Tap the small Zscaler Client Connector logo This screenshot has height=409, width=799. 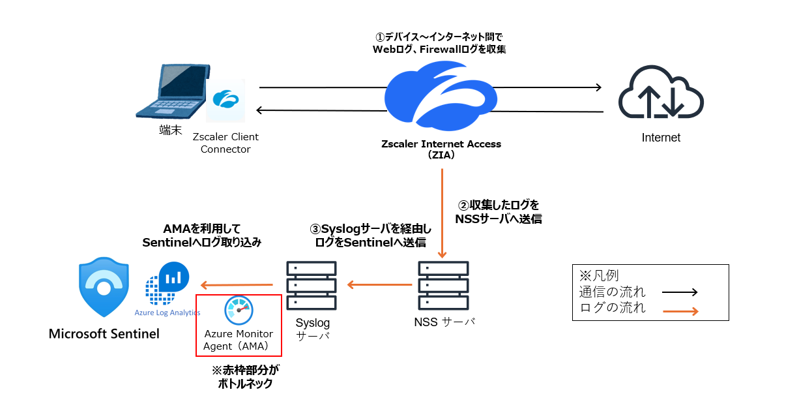tap(225, 100)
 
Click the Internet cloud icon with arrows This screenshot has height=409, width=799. tap(661, 93)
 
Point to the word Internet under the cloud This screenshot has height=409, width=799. tap(661, 138)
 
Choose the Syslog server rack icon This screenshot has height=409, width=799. tap(312, 286)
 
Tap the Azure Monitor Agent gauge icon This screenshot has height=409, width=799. tap(238, 311)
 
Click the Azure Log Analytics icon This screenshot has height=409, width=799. tap(166, 282)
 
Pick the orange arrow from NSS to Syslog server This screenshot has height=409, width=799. tap(379, 284)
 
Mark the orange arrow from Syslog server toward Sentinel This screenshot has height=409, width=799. tap(236, 284)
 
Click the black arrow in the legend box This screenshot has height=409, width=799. tap(680, 293)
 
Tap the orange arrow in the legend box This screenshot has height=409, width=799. tap(680, 311)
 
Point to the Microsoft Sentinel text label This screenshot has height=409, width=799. tap(104, 334)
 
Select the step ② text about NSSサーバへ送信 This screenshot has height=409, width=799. tap(499, 212)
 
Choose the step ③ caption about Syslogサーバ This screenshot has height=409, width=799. tap(370, 235)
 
